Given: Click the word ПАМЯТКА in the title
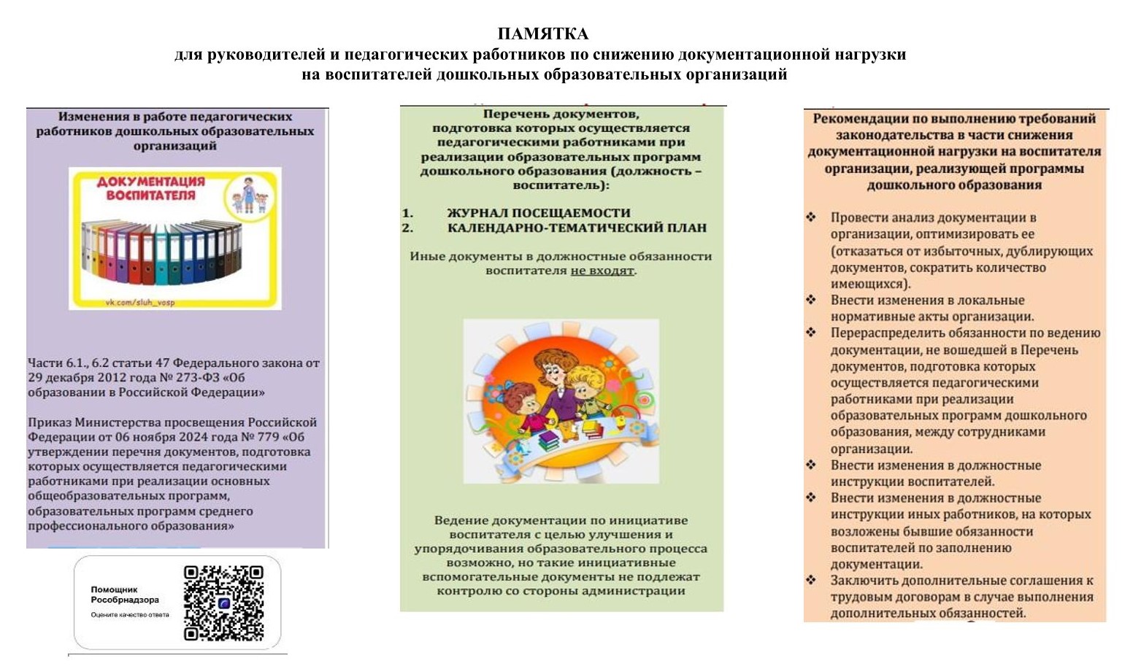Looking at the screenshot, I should click(542, 34).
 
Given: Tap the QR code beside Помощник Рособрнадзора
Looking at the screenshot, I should click(223, 603).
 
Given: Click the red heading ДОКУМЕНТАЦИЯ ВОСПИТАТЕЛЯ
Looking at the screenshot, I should click(151, 188).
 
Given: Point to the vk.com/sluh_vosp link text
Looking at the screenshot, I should click(140, 302).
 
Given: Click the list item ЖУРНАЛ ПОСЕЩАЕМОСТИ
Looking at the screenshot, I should click(538, 213).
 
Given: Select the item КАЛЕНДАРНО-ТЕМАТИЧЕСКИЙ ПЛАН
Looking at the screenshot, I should click(577, 228).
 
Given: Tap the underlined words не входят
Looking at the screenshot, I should click(602, 271).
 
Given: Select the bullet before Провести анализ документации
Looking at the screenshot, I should click(811, 217).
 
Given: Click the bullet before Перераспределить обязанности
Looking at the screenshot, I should click(811, 333).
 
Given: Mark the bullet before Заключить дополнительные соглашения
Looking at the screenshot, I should click(811, 580).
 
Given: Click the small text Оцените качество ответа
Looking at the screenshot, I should click(129, 615).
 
